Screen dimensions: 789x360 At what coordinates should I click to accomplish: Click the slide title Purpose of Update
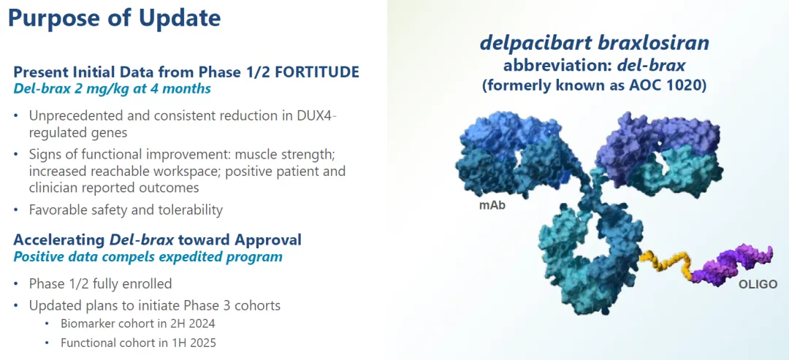pyautogui.click(x=115, y=18)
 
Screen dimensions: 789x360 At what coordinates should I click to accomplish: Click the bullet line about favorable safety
pyautogui.click(x=126, y=210)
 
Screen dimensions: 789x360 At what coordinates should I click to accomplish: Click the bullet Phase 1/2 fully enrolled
pyautogui.click(x=100, y=283)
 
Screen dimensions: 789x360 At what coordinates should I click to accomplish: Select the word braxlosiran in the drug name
pyautogui.click(x=654, y=43)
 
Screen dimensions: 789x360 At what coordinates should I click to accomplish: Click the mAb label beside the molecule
pyautogui.click(x=492, y=205)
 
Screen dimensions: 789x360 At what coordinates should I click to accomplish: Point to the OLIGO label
pyautogui.click(x=754, y=283)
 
